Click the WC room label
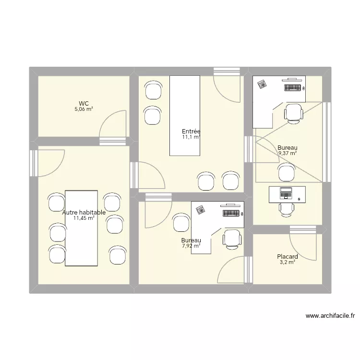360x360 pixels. (84, 103)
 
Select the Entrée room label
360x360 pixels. (191, 132)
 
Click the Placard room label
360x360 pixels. (288, 257)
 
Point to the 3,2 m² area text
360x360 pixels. (288, 263)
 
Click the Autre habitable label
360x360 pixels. (84, 212)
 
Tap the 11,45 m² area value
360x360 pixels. (84, 218)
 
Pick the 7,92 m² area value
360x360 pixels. (191, 246)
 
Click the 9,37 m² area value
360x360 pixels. (288, 154)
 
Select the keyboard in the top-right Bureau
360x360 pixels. (294, 88)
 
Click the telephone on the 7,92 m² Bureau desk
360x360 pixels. (200, 209)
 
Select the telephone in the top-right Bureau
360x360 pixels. (262, 84)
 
